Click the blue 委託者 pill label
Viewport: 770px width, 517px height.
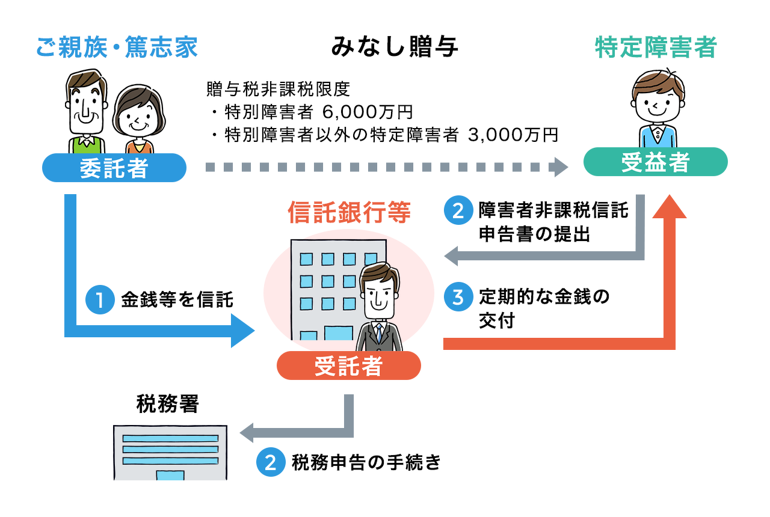pos(114,168)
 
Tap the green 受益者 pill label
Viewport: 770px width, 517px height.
pos(656,162)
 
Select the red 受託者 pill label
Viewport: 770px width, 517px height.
pos(349,366)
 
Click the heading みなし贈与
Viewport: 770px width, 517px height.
pos(394,46)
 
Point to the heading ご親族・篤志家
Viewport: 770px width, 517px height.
pos(117,47)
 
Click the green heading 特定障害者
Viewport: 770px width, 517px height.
pos(656,47)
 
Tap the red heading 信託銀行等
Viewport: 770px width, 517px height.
pos(350,212)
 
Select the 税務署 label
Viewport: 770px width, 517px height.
pos(168,403)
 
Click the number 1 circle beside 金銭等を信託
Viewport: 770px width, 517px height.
pos(100,299)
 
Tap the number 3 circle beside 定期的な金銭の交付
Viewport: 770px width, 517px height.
pos(458,297)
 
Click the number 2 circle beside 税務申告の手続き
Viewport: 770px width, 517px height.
pos(271,462)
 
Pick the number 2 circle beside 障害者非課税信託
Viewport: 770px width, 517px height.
pos(458,210)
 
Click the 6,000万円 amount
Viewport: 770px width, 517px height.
pos(368,112)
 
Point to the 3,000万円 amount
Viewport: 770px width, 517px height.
pos(513,135)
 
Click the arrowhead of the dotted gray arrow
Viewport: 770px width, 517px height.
pos(559,167)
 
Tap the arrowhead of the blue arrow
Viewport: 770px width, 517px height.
pos(242,331)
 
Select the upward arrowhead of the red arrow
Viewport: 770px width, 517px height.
pos(670,206)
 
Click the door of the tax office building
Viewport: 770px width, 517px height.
pos(170,475)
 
